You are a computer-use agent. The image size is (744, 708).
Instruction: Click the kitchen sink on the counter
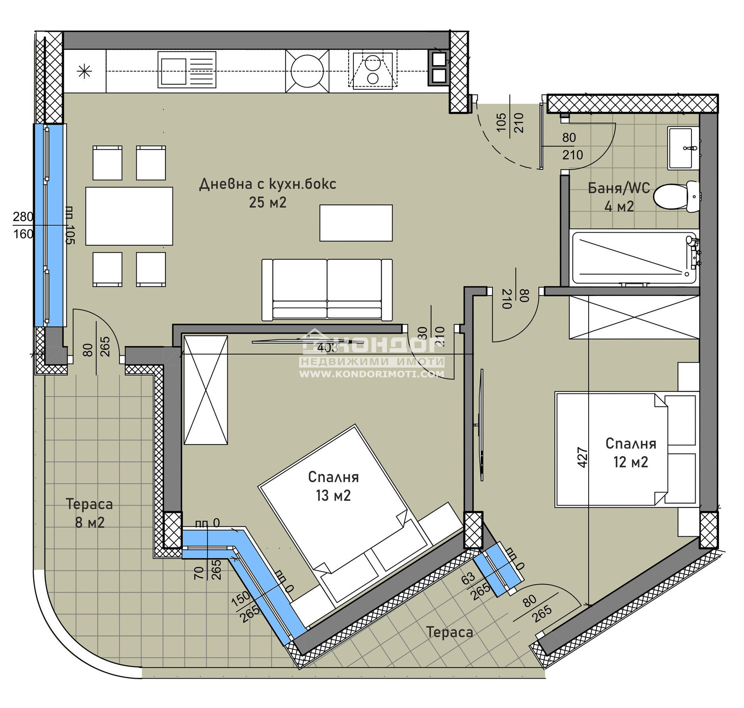click(x=187, y=70)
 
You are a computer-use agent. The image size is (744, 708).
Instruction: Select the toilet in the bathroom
click(x=676, y=196)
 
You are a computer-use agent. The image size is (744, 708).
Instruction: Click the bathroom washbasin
click(x=683, y=148)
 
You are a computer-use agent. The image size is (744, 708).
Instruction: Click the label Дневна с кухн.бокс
click(x=267, y=184)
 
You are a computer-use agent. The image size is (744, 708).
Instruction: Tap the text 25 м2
click(x=267, y=202)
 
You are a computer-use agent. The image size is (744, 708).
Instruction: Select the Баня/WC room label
click(x=618, y=188)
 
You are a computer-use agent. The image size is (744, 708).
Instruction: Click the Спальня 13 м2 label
click(x=333, y=486)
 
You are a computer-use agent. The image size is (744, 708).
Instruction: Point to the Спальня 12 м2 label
click(x=631, y=452)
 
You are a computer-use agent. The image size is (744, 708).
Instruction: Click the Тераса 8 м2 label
click(x=89, y=513)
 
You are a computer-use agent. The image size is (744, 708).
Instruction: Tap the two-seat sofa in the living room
click(x=327, y=290)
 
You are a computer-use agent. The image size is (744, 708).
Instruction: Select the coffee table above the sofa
click(x=356, y=223)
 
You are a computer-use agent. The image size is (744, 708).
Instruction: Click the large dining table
click(x=129, y=216)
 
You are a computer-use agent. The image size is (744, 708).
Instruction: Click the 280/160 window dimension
click(x=23, y=225)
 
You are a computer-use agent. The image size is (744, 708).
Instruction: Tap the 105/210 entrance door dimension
click(x=510, y=122)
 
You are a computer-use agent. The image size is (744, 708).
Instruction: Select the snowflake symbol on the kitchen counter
click(x=84, y=71)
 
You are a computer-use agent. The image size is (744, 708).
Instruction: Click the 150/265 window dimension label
click(x=245, y=606)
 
